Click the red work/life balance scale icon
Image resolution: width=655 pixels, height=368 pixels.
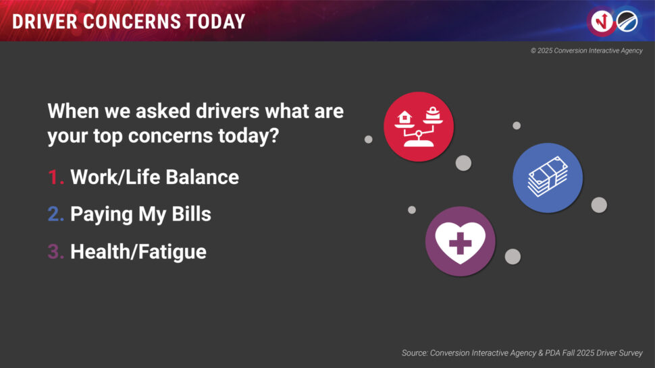[x=419, y=127]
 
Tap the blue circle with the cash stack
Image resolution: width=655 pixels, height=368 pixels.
[x=548, y=177]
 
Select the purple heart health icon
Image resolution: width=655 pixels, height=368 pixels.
[x=461, y=241]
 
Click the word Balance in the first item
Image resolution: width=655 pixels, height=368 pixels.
[x=203, y=177]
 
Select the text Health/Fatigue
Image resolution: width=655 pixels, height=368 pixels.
[x=138, y=252]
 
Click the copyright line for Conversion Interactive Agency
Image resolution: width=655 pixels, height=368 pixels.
[x=587, y=51]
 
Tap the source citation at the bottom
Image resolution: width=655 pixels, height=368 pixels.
[x=522, y=353]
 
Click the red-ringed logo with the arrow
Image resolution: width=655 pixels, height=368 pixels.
[x=602, y=22]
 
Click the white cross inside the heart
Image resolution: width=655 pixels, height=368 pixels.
[x=461, y=243]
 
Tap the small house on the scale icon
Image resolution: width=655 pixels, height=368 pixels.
[x=404, y=117]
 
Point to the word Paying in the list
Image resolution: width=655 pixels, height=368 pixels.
[x=101, y=215]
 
